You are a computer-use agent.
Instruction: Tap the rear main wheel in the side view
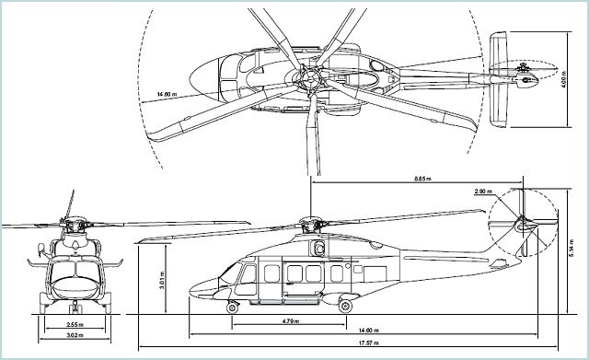(345, 304)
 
